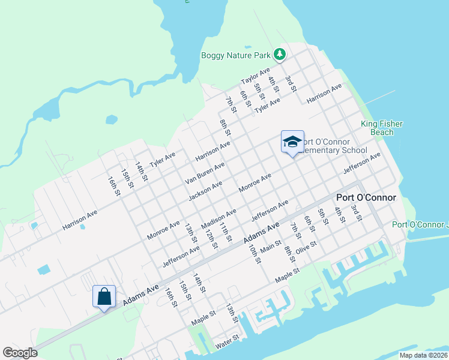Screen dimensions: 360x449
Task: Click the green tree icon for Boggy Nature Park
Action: (x=279, y=55)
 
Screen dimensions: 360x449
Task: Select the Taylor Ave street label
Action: (x=255, y=77)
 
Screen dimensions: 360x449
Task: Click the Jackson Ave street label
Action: (x=205, y=190)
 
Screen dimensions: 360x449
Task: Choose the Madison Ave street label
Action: (x=218, y=219)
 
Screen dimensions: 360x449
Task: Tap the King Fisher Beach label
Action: (x=381, y=128)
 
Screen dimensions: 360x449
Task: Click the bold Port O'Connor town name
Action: (x=366, y=197)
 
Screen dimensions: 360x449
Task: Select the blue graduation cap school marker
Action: (x=292, y=142)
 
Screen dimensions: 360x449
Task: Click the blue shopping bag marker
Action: (x=104, y=296)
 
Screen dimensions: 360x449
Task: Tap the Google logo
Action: (x=20, y=353)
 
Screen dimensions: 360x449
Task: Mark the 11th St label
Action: (x=226, y=232)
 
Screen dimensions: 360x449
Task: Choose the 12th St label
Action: (x=211, y=237)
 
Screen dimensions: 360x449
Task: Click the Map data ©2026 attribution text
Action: (x=423, y=355)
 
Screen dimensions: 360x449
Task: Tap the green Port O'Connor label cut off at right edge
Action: (x=420, y=225)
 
